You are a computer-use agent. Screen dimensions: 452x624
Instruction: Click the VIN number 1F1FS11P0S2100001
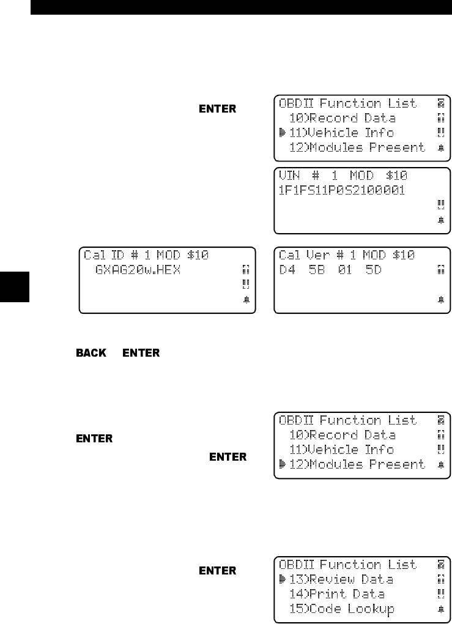point(342,190)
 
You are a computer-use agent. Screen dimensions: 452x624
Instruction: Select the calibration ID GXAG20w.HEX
point(138,269)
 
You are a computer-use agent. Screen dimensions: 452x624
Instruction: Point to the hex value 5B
point(316,269)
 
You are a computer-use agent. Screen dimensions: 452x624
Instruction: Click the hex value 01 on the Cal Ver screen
point(345,269)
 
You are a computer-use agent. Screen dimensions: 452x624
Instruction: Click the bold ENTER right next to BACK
point(141,353)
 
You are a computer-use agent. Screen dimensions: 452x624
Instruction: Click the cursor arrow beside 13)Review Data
point(283,579)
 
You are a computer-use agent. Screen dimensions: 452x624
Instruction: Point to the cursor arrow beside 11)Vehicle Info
point(283,133)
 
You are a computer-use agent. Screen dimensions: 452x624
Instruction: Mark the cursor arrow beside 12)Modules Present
point(283,464)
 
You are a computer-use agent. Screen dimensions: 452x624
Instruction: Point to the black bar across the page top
point(240,7)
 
